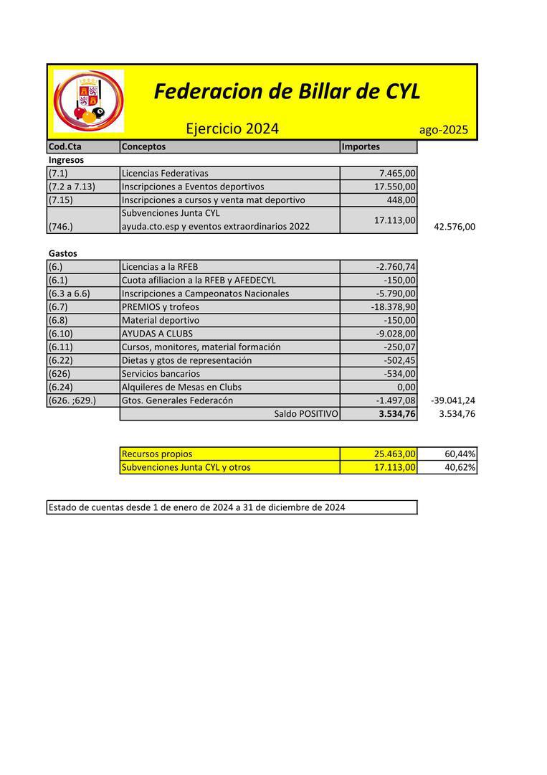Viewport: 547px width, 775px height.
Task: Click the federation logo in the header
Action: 88,101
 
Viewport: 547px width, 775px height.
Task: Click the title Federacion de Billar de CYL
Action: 287,92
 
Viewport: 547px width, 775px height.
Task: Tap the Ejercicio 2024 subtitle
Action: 232,129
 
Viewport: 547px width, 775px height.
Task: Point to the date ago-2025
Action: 444,130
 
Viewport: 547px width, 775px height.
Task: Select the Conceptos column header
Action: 143,146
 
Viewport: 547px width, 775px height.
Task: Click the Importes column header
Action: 361,146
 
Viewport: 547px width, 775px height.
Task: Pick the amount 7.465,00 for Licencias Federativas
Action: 397,173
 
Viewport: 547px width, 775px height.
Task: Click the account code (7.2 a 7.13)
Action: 72,187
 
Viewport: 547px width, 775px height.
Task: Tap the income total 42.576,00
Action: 455,227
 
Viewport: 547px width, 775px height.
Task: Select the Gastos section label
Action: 62,253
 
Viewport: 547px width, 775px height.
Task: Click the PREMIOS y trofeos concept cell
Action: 160,307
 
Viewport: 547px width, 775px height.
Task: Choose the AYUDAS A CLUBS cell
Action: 157,334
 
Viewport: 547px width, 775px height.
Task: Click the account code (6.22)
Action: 63,360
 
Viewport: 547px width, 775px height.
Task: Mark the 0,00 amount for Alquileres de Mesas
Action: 406,387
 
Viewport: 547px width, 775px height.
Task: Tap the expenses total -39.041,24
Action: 453,400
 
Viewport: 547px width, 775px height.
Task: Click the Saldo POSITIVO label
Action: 306,414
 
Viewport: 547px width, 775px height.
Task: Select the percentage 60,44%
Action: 460,454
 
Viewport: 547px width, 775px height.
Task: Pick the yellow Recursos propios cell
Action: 157,454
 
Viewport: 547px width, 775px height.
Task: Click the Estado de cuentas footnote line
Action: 196,507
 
